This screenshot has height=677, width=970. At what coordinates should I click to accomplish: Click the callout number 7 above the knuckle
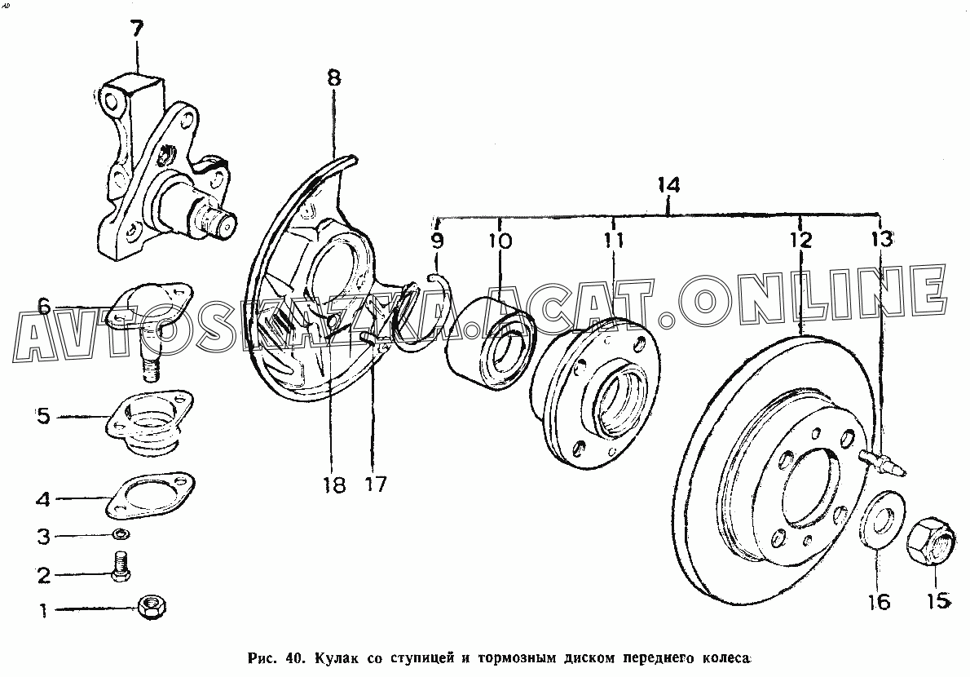point(137,29)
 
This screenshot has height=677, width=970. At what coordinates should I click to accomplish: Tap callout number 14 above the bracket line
point(668,186)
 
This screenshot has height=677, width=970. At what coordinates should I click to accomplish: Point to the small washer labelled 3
point(121,534)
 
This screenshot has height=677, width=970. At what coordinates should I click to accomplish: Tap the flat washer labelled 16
point(880,519)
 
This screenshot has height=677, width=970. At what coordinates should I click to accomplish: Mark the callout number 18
point(334,485)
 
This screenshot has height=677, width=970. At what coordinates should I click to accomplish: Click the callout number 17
point(375,484)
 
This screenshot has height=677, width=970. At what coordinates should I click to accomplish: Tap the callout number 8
point(334,77)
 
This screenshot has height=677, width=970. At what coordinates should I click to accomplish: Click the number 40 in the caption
point(293,657)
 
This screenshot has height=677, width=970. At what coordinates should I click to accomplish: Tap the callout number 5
point(42,416)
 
